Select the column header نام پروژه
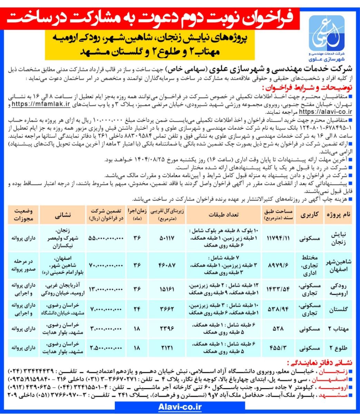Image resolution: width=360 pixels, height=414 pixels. coord(338,214)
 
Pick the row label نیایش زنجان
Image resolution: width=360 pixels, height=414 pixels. coord(338,238)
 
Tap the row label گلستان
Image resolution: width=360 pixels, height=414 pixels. coord(338,310)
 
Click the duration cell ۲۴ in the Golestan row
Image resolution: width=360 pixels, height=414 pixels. coord(136,310)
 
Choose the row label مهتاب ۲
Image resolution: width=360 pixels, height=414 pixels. coord(338,329)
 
